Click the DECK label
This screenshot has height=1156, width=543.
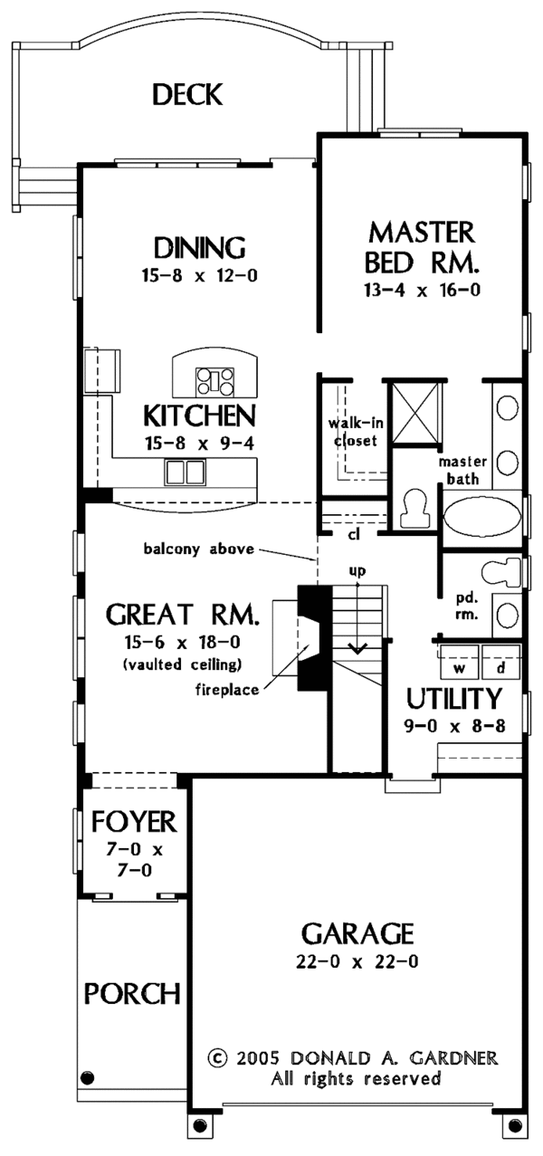187,94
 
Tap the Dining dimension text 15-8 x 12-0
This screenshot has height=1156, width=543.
199,276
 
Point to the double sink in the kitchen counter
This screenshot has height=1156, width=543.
185,473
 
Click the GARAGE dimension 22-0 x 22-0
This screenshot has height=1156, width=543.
357,961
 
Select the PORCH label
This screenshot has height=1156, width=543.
132,993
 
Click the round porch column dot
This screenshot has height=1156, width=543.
88,1077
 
